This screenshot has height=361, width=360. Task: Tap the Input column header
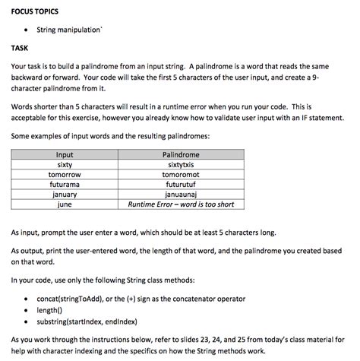click(65, 154)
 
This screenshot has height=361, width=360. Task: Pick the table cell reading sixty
click(65, 164)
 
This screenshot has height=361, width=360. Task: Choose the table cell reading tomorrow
click(65, 174)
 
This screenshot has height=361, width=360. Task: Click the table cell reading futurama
click(65, 184)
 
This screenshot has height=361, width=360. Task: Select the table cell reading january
click(65, 194)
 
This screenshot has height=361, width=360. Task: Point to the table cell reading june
click(65, 204)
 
